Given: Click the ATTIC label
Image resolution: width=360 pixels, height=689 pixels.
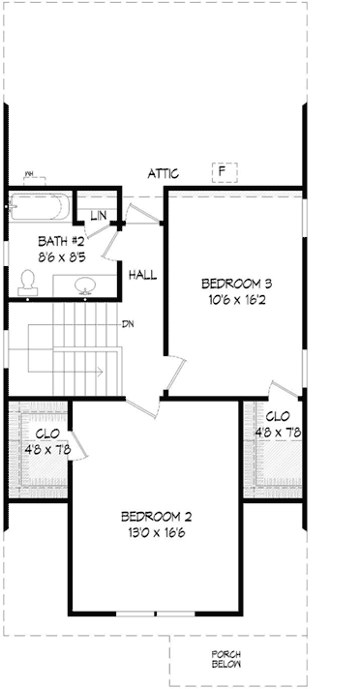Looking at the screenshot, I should (164, 174).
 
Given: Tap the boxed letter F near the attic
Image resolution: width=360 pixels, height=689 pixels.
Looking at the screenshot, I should (224, 171).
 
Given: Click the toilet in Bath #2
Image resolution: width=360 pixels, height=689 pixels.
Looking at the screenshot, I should (29, 281).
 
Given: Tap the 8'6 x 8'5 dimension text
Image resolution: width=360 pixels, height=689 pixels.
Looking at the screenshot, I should (61, 258).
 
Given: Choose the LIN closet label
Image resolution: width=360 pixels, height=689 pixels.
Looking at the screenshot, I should (99, 215).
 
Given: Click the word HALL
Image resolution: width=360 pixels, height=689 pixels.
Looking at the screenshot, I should (142, 276).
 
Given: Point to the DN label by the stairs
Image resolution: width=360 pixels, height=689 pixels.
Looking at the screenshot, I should (127, 324).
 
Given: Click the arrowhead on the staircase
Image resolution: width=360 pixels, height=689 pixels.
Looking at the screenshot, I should (101, 371).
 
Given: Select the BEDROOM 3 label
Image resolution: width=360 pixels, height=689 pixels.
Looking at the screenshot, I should (236, 284).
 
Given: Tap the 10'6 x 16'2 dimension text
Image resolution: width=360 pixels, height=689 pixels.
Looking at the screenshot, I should (236, 300).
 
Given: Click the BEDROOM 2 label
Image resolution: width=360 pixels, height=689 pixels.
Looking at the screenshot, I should (155, 516).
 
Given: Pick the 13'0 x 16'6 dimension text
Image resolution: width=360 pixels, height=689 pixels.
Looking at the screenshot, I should (155, 533).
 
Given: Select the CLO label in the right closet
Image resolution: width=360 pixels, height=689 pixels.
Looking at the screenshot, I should (277, 416).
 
